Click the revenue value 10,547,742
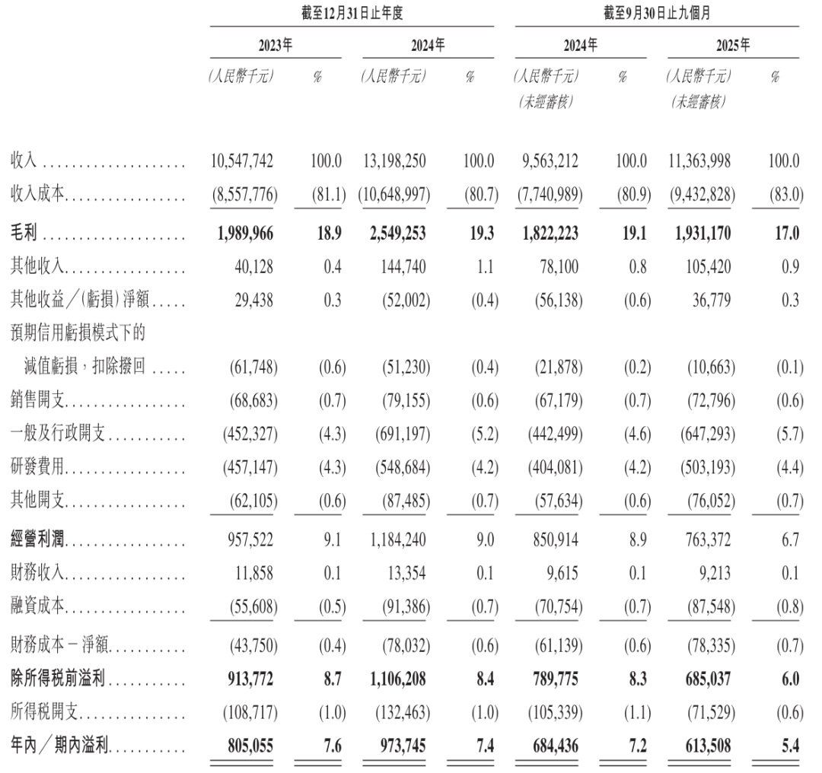click(243, 162)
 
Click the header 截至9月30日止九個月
click(657, 11)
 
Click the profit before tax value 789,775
click(553, 679)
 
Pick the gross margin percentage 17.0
click(788, 232)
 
